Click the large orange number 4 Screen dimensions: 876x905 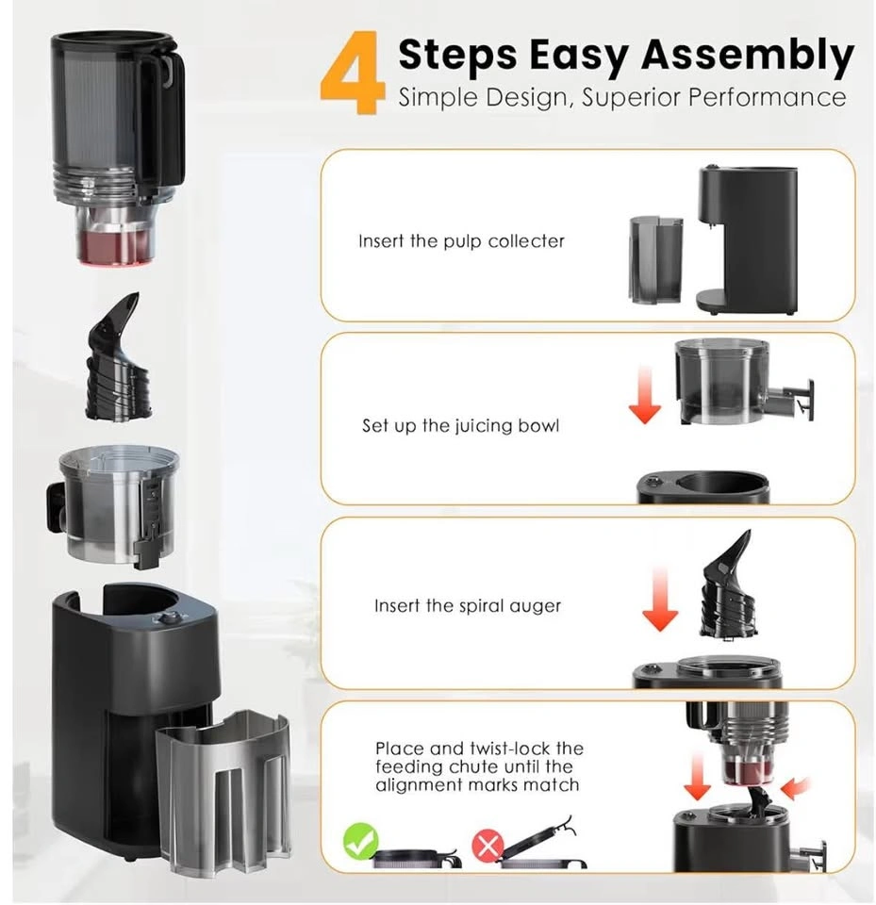tap(353, 73)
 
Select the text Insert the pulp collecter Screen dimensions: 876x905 tap(461, 240)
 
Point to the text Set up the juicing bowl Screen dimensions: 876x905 tap(460, 425)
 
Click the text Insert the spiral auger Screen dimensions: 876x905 tap(467, 605)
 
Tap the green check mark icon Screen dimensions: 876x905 tap(361, 841)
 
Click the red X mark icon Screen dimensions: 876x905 tap(488, 847)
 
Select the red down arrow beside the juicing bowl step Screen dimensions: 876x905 tap(644, 395)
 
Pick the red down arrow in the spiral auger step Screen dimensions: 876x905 tap(660, 599)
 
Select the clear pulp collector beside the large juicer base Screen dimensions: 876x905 tap(224, 794)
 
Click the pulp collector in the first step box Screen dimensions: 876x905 tap(655, 260)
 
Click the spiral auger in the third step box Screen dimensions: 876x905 tap(726, 584)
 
